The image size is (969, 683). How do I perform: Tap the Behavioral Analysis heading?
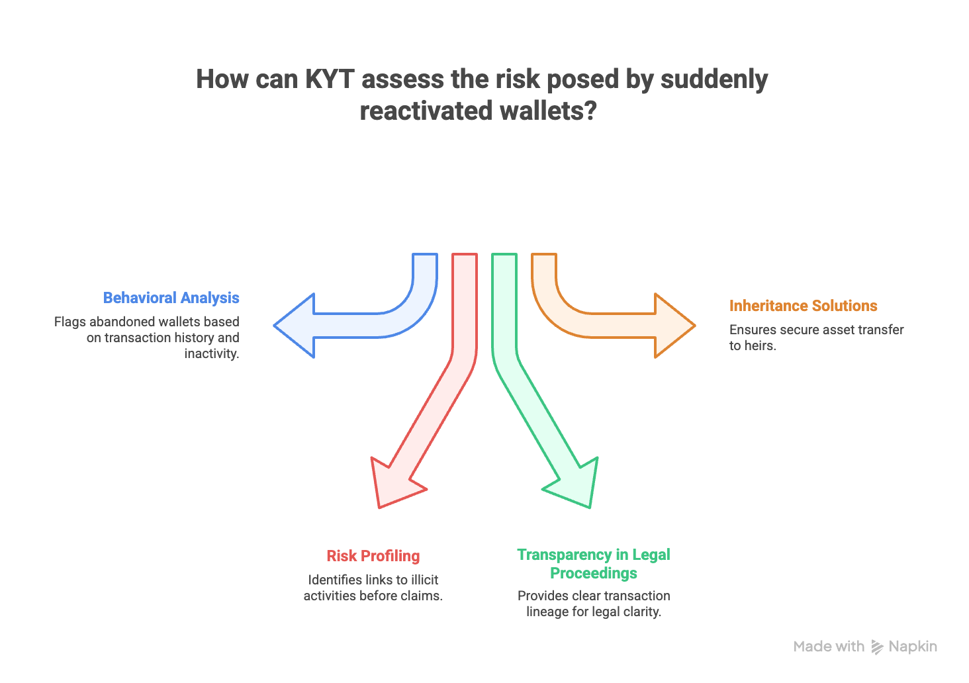[x=171, y=298]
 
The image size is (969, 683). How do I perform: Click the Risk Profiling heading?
[x=373, y=556]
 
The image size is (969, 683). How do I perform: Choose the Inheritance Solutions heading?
[x=803, y=306]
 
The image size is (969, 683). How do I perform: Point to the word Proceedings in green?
[x=594, y=573]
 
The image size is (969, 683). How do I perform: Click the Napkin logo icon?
[x=877, y=647]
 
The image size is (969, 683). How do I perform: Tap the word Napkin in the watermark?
[x=913, y=647]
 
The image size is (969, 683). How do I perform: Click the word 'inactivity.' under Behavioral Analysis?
[x=211, y=353]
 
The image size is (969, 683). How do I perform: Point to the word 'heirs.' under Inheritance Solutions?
[x=760, y=345]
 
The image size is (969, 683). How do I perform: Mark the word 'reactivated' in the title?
[x=417, y=111]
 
